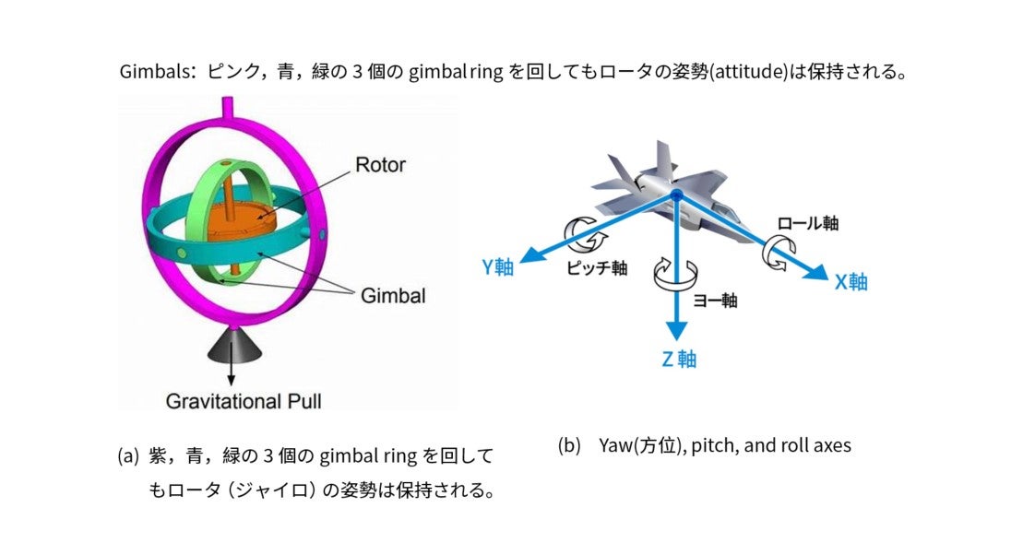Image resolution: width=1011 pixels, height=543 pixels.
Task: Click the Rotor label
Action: (x=380, y=166)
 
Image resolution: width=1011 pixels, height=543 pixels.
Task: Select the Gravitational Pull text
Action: (x=244, y=401)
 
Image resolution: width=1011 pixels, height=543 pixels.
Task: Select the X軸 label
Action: (x=850, y=282)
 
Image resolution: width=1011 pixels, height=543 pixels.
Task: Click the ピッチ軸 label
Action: (x=597, y=267)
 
